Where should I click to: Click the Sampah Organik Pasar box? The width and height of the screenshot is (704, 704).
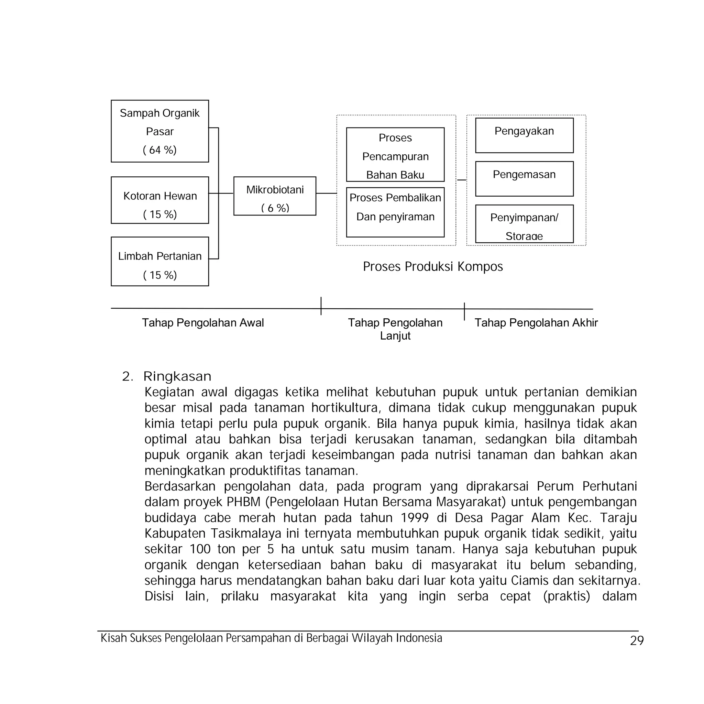click(159, 131)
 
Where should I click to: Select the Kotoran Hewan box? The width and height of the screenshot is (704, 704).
click(159, 200)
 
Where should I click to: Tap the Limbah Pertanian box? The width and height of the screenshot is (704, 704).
click(159, 261)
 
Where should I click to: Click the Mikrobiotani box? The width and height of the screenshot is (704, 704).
click(275, 196)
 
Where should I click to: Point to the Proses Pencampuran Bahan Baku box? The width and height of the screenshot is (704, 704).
click(395, 154)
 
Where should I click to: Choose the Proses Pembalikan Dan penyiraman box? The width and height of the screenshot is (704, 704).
click(395, 212)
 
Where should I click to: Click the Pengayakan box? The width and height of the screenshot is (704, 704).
click(524, 135)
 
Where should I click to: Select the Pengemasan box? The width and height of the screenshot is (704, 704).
click(524, 178)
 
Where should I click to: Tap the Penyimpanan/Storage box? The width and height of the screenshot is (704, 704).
click(524, 224)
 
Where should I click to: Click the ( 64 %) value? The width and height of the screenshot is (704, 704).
click(159, 150)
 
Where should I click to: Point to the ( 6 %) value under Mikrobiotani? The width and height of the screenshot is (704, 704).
click(275, 208)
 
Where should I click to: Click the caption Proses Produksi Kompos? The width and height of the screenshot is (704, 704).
click(432, 267)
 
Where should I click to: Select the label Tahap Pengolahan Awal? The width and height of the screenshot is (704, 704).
click(202, 323)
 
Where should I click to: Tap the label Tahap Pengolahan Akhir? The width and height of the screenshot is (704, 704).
click(536, 323)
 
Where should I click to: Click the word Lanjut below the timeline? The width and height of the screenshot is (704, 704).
click(395, 335)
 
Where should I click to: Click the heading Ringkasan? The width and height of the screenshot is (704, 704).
click(177, 376)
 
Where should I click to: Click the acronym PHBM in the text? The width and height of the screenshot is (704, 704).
click(243, 502)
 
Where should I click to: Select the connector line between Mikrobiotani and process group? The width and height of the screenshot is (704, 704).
click(326, 194)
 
